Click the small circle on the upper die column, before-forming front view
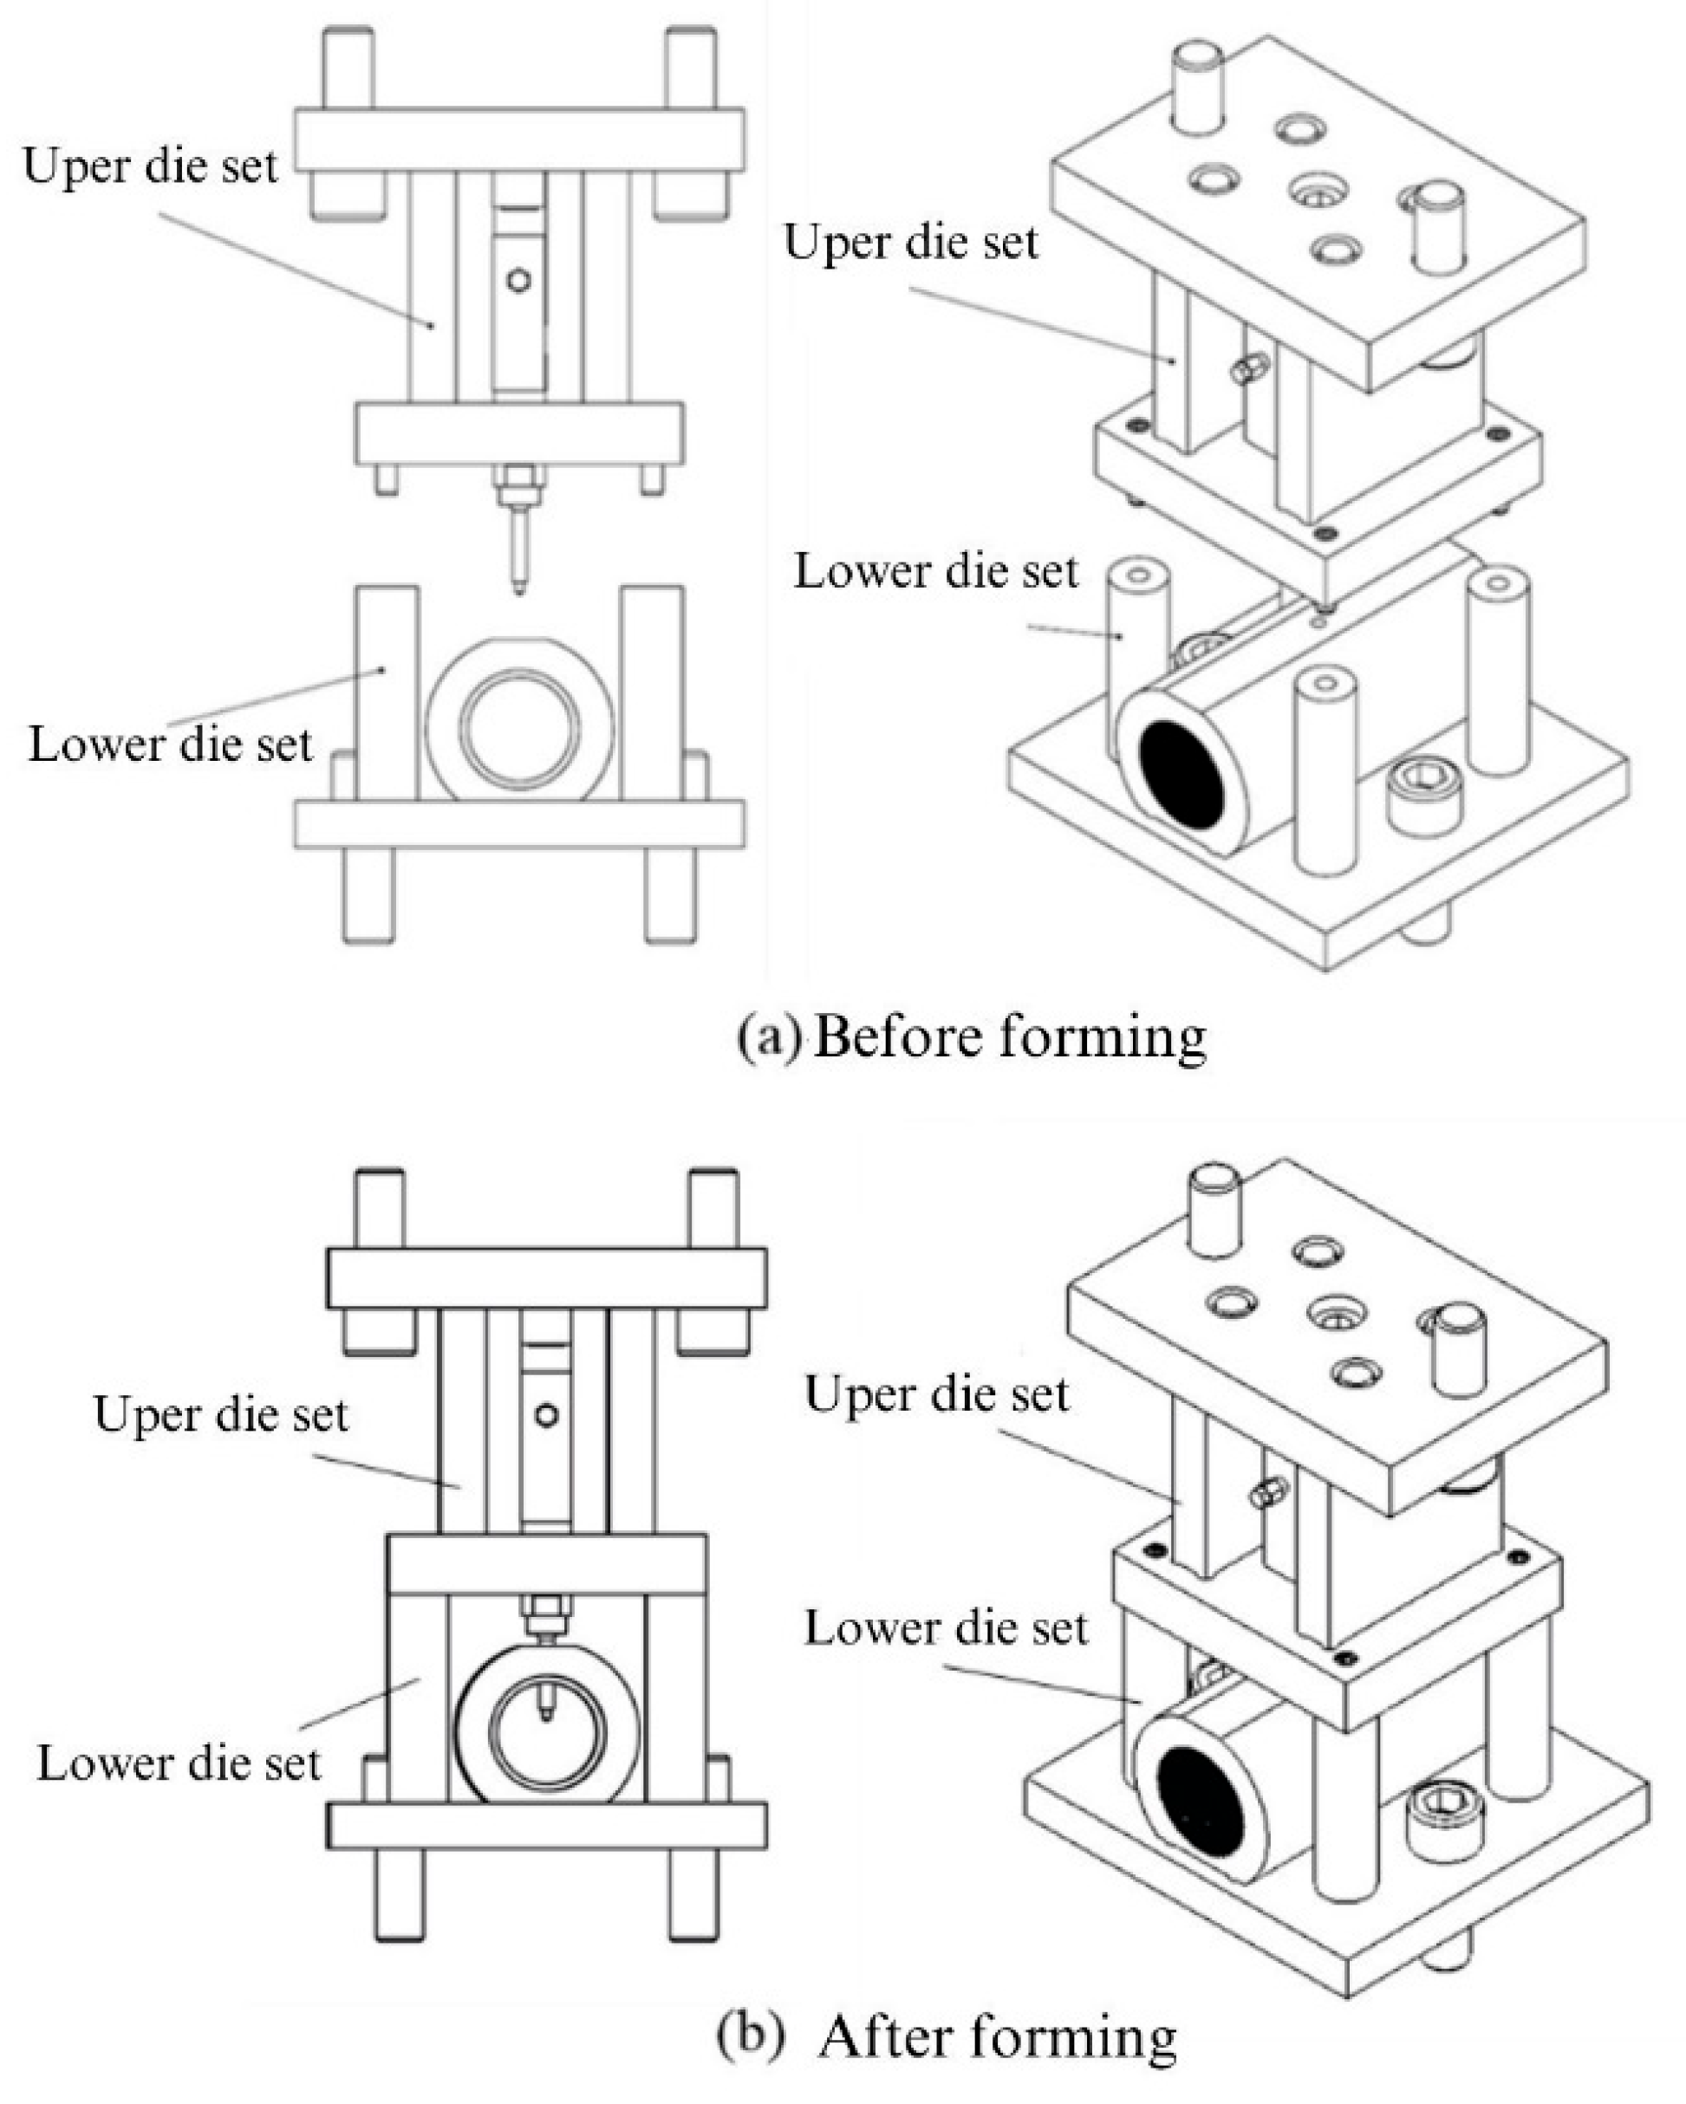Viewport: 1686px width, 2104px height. pos(519,281)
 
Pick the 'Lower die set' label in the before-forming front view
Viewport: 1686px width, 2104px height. pos(170,744)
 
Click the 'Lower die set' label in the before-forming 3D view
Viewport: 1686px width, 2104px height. pos(935,572)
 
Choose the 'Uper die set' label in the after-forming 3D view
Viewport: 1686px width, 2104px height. pos(936,1394)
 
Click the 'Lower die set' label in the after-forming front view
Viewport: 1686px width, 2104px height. pos(179,1763)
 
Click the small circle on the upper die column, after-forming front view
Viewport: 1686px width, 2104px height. pos(547,1414)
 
